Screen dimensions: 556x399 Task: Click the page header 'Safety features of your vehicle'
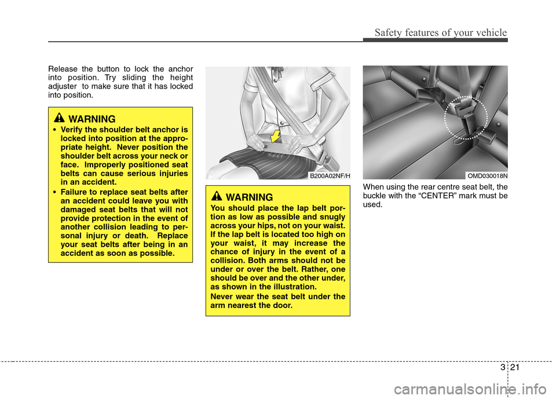[441, 32]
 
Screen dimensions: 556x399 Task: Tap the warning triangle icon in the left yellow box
[60, 118]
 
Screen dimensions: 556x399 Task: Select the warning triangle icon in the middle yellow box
[217, 196]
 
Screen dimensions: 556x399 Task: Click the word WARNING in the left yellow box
[92, 119]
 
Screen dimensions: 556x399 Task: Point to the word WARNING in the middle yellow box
[249, 197]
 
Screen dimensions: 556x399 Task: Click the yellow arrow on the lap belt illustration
[275, 136]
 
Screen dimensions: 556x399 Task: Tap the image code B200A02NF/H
[330, 176]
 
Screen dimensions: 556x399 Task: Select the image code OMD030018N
[487, 176]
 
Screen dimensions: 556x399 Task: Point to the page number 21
[515, 367]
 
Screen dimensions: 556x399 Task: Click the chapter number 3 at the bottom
[503, 367]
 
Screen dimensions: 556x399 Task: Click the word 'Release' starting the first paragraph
[63, 69]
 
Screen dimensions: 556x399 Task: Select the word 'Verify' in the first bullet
[72, 130]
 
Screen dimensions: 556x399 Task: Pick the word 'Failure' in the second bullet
[74, 192]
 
